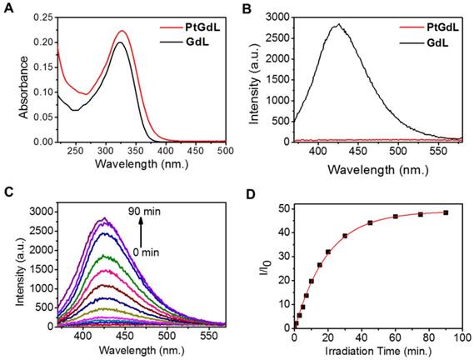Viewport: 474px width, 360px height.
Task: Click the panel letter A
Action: pyautogui.click(x=8, y=9)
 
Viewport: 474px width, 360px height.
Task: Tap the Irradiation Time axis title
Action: pyautogui.click(x=377, y=350)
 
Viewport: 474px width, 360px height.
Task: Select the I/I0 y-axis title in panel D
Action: pyautogui.click(x=265, y=261)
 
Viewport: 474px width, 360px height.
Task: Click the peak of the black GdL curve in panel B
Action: pyautogui.click(x=337, y=25)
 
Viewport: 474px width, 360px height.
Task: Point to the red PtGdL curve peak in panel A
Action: pyautogui.click(x=122, y=31)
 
